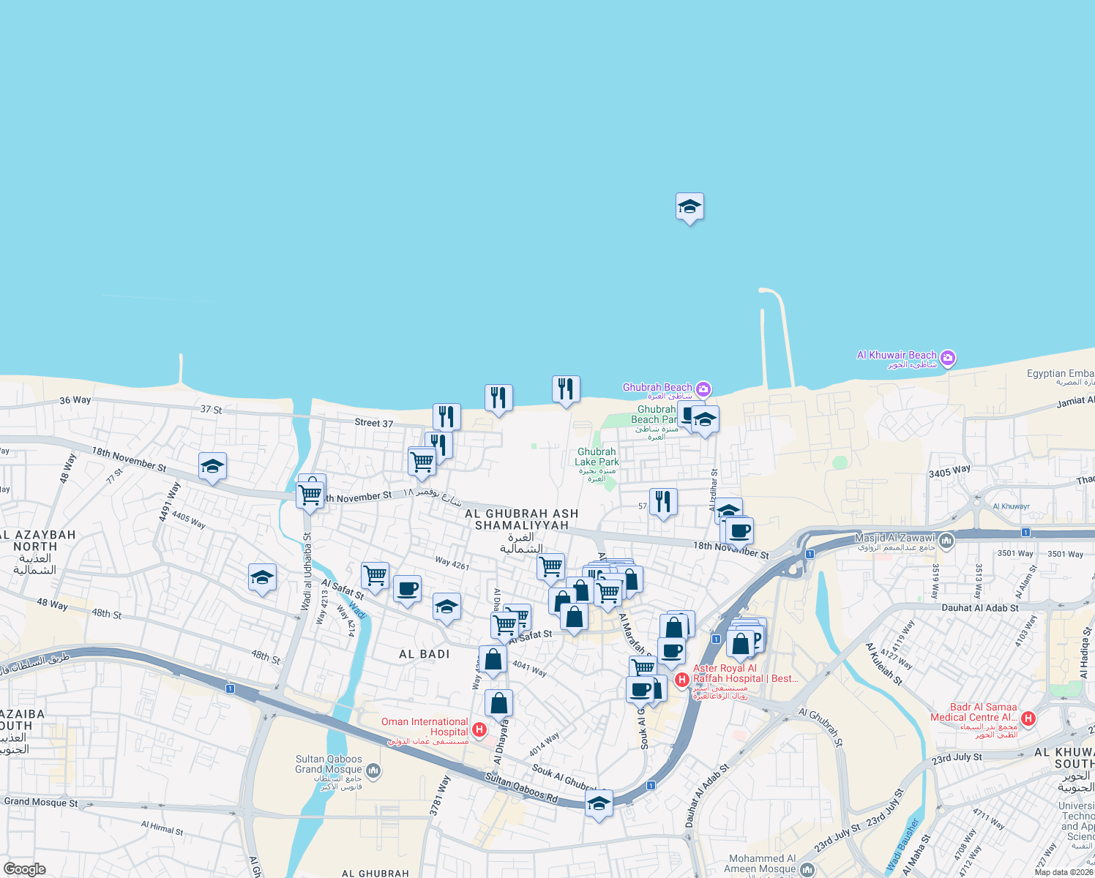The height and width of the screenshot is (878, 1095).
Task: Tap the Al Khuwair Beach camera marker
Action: point(948,358)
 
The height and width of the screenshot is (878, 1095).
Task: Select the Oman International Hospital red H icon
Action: point(479,729)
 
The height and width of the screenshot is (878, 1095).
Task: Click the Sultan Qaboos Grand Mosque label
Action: point(329,765)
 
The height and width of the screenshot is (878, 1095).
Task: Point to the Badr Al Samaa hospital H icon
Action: point(1028,718)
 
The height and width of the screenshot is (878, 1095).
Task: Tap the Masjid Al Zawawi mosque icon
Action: point(946,541)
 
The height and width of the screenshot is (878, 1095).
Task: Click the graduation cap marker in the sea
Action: point(689,208)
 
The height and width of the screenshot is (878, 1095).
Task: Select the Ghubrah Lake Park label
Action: point(597,457)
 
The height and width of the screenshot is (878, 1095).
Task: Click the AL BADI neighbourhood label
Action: point(425,654)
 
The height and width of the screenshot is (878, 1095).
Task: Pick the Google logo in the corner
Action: point(25,869)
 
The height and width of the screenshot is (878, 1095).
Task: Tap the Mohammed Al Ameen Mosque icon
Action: point(807,868)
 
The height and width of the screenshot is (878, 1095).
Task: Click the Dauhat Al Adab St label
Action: point(979,608)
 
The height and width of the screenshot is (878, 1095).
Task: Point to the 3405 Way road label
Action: point(949,472)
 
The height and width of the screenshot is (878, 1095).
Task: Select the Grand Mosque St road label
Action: point(41,802)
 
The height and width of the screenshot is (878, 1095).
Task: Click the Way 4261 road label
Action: point(452,563)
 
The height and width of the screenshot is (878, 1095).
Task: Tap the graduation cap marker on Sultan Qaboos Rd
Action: point(599,803)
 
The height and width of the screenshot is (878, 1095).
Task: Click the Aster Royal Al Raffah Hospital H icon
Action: point(682,680)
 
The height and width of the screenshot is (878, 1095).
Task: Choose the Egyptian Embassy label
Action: point(1060,373)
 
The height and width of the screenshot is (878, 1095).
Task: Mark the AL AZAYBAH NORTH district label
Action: point(35,541)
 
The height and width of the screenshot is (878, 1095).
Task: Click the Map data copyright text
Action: point(1064,872)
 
